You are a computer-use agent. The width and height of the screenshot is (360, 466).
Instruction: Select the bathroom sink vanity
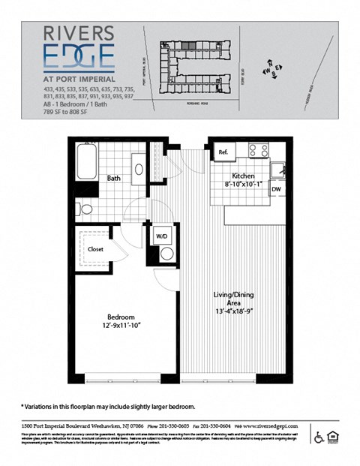point(138,167)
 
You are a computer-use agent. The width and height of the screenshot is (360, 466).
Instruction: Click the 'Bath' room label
point(113,179)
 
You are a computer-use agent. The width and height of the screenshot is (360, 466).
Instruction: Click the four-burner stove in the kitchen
point(259,150)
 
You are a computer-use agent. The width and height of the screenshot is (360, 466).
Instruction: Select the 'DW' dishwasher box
point(276,190)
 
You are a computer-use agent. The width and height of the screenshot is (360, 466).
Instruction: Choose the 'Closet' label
point(95,248)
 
